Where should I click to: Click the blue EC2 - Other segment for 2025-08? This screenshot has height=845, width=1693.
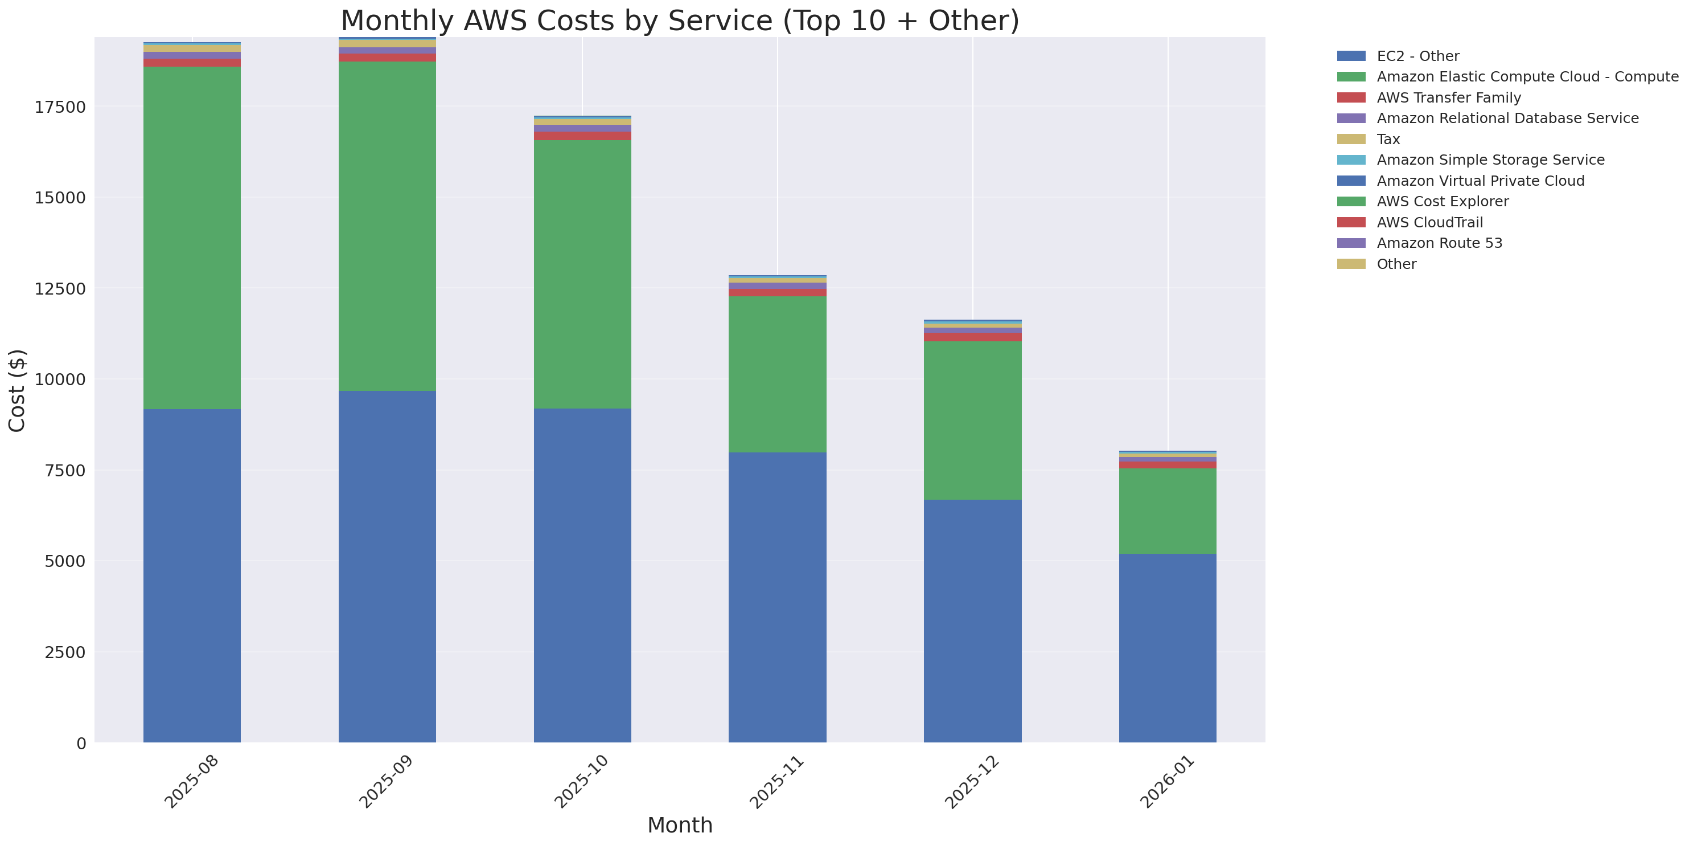pyautogui.click(x=192, y=575)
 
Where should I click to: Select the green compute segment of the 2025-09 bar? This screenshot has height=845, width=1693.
pyautogui.click(x=387, y=226)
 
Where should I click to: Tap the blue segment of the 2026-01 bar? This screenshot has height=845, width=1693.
pyautogui.click(x=1167, y=648)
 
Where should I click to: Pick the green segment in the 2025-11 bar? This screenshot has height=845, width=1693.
pyautogui.click(x=777, y=374)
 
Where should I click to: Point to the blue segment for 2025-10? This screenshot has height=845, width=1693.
pyautogui.click(x=582, y=575)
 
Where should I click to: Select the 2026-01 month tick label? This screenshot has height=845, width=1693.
pyautogui.click(x=1166, y=782)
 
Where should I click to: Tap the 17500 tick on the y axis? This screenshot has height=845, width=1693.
pyautogui.click(x=60, y=107)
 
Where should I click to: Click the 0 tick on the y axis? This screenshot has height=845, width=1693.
pyautogui.click(x=81, y=744)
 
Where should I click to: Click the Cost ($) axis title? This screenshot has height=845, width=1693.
pyautogui.click(x=17, y=391)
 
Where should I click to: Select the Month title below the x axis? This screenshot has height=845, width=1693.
pyautogui.click(x=680, y=825)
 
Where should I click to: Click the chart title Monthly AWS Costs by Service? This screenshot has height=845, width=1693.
pyautogui.click(x=680, y=21)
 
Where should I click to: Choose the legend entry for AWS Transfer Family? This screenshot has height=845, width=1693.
pyautogui.click(x=1449, y=98)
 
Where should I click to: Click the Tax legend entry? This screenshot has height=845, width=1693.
pyautogui.click(x=1388, y=140)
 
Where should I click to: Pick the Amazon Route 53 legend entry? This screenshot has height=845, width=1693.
pyautogui.click(x=1439, y=243)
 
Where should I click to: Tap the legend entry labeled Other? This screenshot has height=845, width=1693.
pyautogui.click(x=1396, y=264)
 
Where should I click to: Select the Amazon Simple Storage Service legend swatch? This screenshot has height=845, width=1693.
pyautogui.click(x=1351, y=160)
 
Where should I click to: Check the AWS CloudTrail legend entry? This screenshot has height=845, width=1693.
pyautogui.click(x=1429, y=222)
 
